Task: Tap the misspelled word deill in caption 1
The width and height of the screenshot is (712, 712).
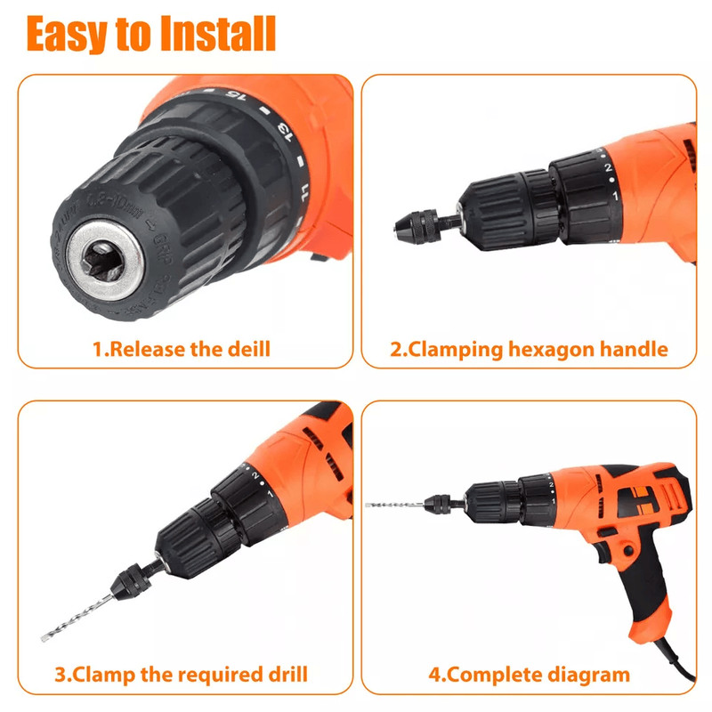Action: (x=248, y=349)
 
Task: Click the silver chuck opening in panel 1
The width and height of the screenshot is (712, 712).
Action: (x=105, y=261)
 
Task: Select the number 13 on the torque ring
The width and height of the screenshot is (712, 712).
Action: (x=285, y=132)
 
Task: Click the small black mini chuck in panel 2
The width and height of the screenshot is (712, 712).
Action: (x=416, y=226)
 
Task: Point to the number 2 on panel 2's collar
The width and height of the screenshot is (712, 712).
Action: (x=608, y=167)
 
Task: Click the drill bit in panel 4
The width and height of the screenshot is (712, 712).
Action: (x=394, y=505)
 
